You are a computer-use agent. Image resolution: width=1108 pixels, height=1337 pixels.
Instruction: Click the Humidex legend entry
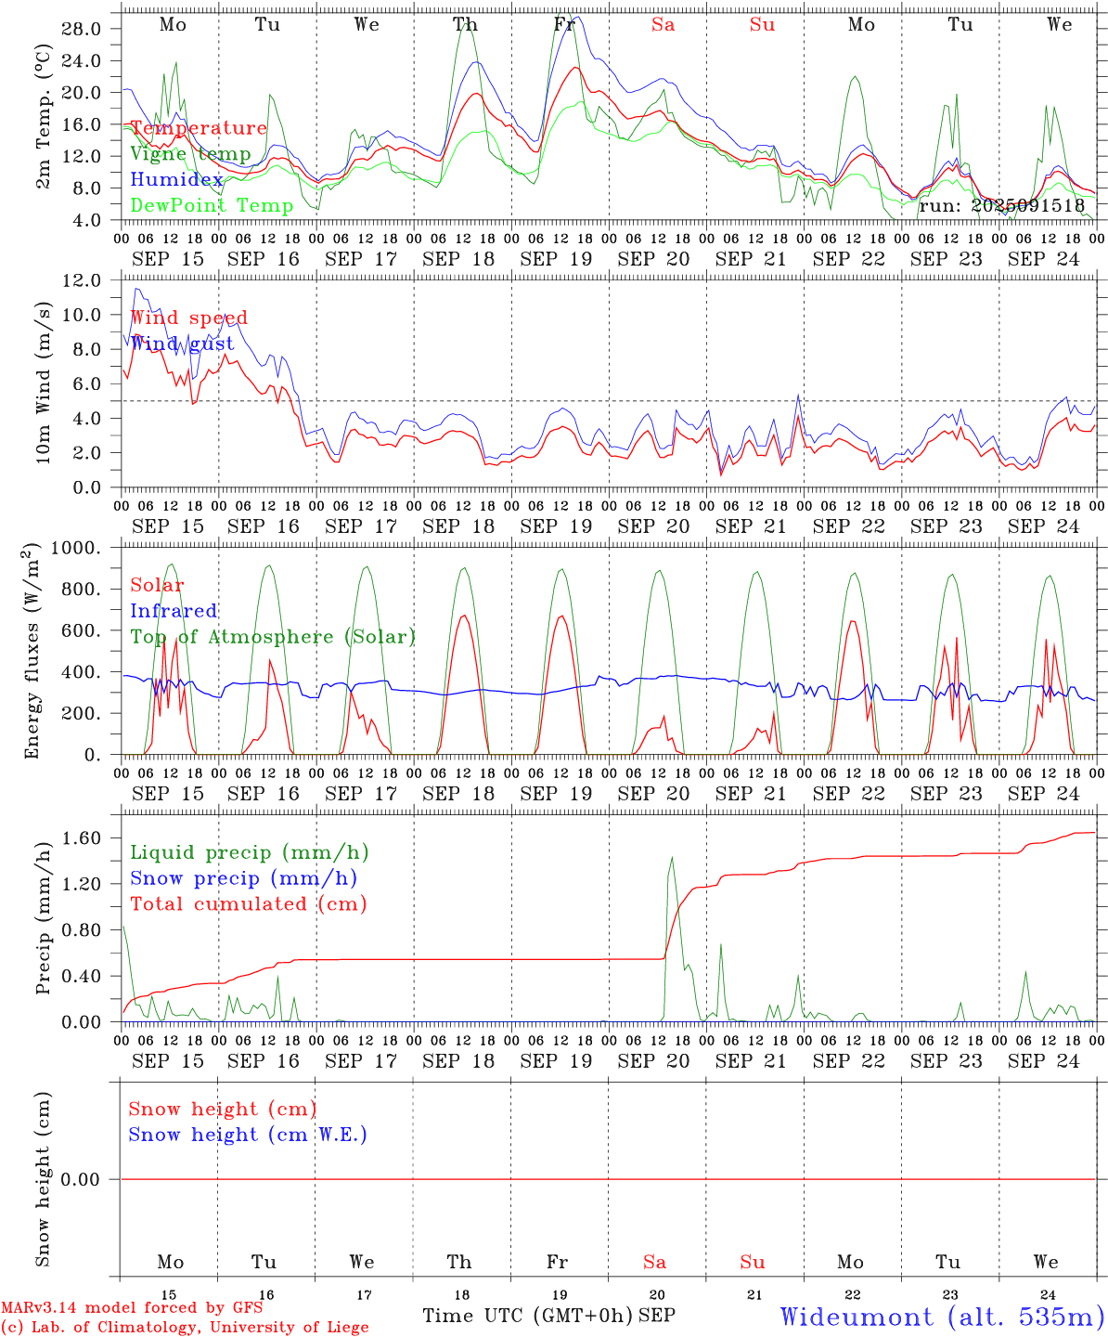(176, 180)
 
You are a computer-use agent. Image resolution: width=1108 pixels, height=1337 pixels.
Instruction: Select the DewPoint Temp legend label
(212, 205)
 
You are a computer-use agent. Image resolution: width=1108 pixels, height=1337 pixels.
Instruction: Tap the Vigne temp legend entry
(190, 154)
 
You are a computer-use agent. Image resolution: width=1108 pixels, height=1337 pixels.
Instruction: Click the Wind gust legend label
(182, 344)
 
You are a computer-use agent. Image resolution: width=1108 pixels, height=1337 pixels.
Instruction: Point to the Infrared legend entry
(174, 611)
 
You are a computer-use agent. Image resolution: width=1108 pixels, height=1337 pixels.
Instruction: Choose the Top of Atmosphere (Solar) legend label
(273, 637)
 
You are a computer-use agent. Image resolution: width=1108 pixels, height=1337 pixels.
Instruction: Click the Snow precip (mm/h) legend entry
(243, 878)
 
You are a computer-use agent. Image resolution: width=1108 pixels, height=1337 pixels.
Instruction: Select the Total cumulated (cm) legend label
(248, 903)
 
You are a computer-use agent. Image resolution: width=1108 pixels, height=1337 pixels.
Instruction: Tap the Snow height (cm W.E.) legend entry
(248, 1135)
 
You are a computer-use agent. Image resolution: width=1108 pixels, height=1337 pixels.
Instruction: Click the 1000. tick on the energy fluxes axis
(75, 548)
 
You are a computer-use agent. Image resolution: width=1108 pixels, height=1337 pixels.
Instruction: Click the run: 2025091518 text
(1001, 205)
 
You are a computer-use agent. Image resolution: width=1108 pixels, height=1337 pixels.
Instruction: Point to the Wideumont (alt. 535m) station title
(941, 1317)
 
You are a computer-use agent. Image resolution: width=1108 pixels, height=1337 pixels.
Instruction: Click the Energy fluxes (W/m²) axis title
(32, 651)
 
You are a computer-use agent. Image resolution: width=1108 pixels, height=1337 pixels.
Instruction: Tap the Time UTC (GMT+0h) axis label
(527, 1316)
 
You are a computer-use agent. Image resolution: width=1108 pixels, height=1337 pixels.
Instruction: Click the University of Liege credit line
(185, 1327)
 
